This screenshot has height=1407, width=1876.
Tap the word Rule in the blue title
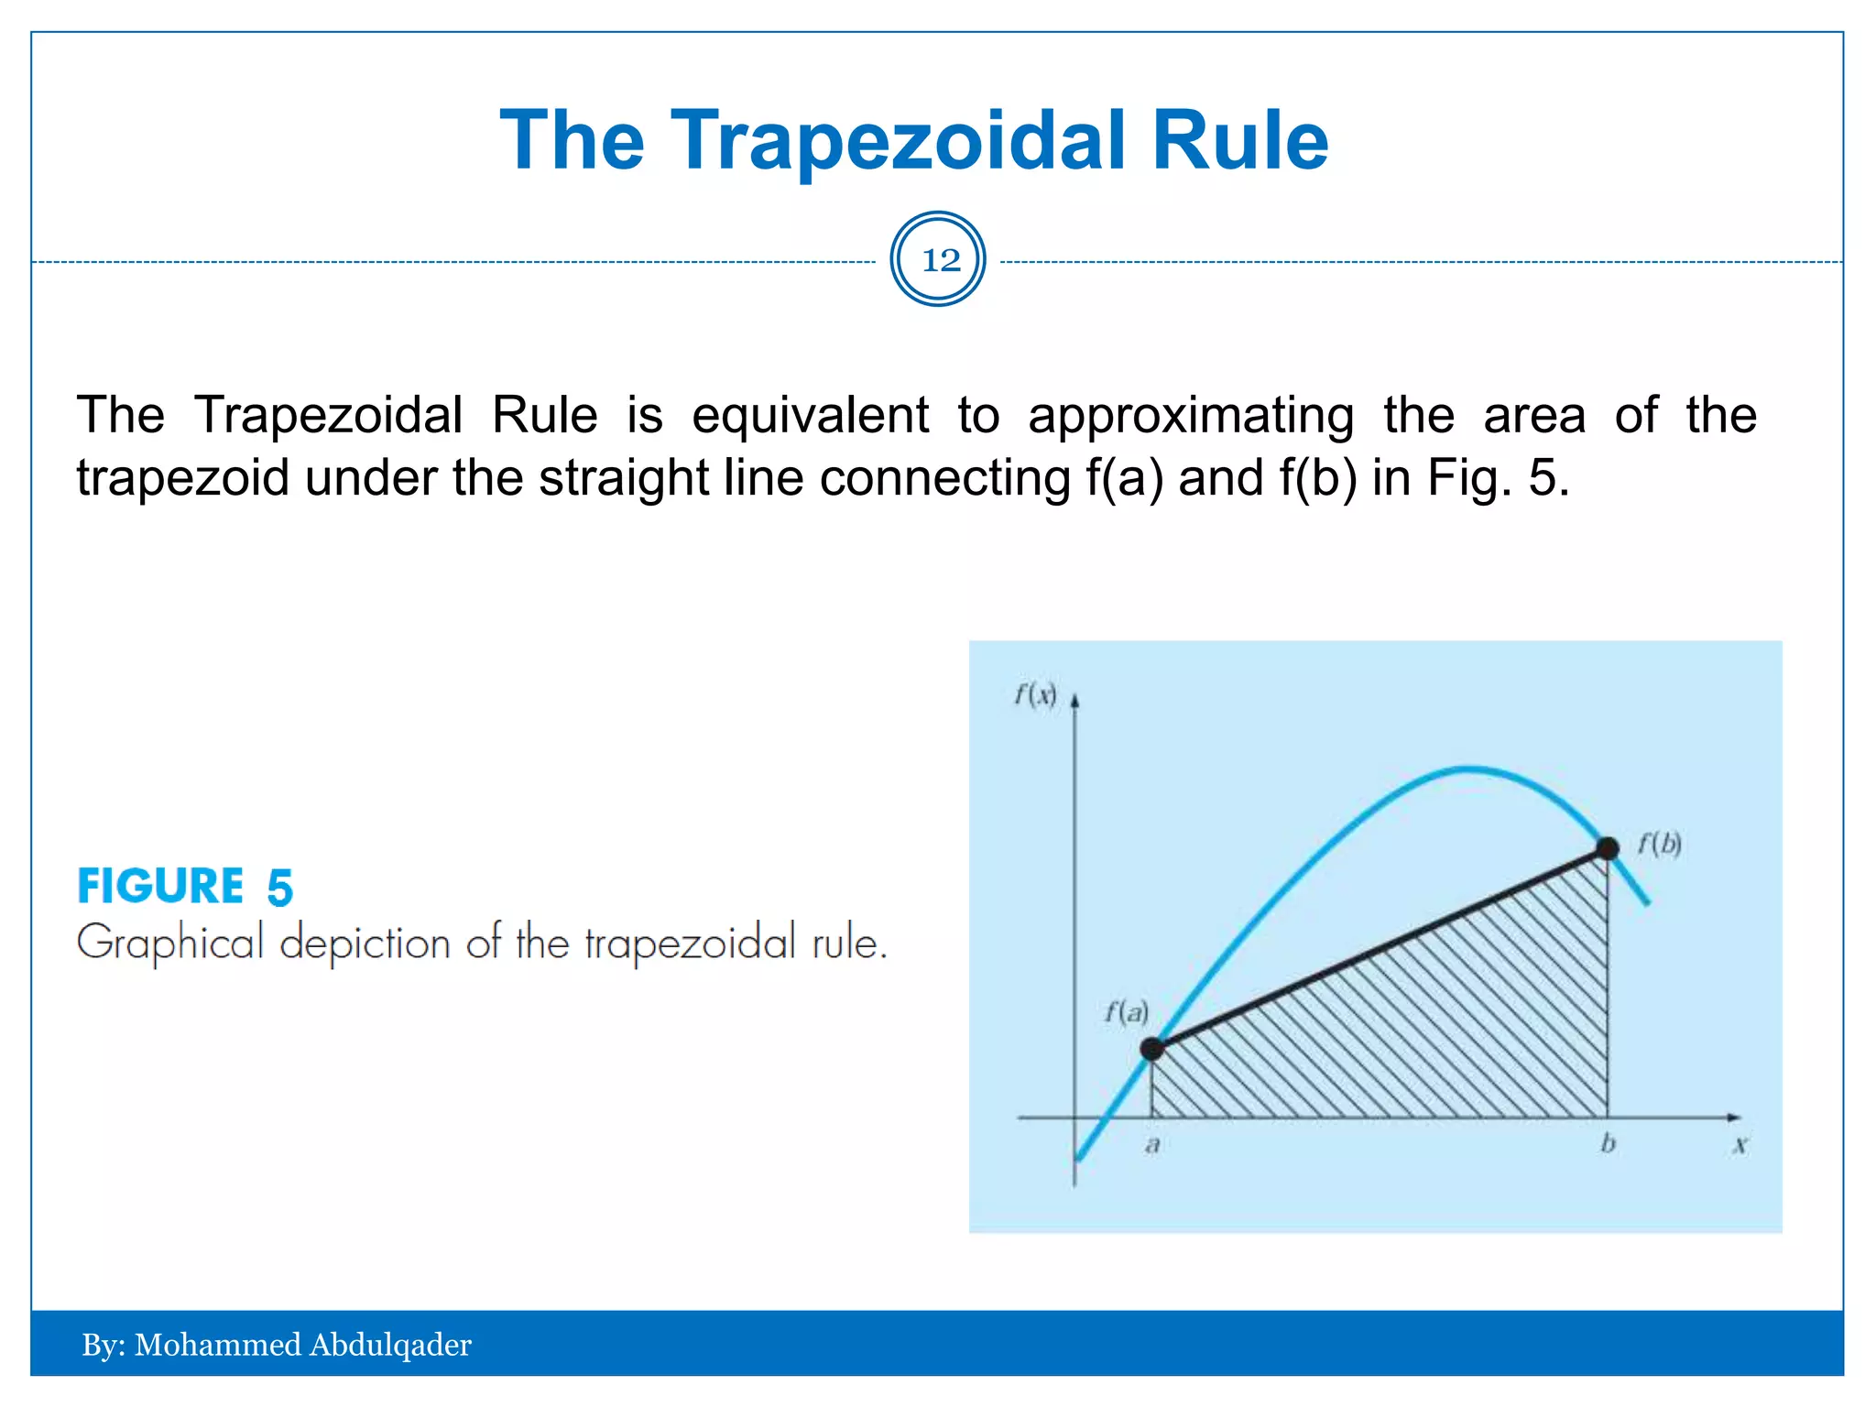pos(1239,141)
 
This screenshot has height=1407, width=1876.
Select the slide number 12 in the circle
pos(940,260)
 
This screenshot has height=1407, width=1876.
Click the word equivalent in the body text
pos(810,415)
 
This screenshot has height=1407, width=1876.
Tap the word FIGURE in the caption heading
pos(160,886)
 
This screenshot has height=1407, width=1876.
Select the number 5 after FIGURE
pos(279,888)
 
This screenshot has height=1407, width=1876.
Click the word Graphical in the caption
pos(170,943)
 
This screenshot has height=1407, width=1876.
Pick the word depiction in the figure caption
pos(365,943)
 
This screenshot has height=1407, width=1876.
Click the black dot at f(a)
pos(1152,1049)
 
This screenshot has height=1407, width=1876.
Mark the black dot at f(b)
pos(1607,849)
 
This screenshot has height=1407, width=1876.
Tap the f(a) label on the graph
pos(1126,1012)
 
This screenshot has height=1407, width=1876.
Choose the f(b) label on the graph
pos(1659,843)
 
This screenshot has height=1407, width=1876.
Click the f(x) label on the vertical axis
pos(1035,695)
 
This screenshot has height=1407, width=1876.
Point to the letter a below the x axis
pos(1152,1145)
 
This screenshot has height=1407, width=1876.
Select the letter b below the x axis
pos(1608,1143)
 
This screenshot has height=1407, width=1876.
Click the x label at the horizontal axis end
pos(1740,1145)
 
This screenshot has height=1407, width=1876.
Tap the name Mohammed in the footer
pos(218,1345)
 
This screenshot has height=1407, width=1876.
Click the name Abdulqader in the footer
pos(390,1345)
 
